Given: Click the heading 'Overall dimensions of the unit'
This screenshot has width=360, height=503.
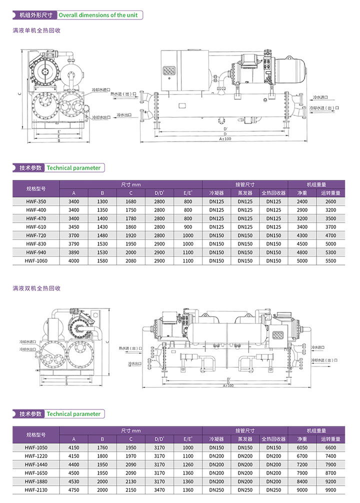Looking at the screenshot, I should (98, 15).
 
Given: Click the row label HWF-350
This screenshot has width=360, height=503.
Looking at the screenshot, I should (36, 201).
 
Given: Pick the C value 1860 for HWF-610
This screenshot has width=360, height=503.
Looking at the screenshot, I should (131, 226).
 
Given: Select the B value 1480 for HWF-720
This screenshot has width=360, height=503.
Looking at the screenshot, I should (102, 235).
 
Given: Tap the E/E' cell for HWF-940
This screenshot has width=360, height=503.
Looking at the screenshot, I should (188, 252).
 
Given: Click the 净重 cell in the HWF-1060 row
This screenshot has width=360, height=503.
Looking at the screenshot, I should (302, 260).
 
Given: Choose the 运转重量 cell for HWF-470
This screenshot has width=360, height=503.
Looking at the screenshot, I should (330, 218).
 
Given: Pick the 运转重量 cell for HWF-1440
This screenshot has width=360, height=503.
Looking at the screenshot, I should (330, 464).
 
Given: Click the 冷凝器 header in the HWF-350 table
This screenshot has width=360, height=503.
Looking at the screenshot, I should (216, 193).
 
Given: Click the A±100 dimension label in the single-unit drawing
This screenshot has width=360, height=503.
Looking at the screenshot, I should (225, 138).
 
